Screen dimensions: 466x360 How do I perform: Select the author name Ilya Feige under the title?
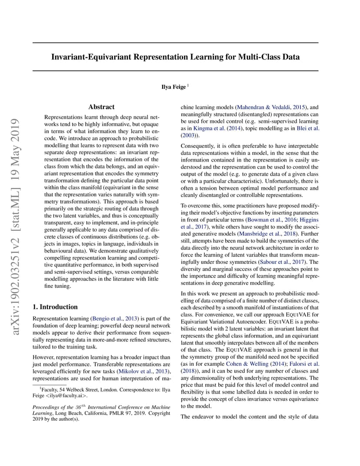pyautogui.click(x=173, y=87)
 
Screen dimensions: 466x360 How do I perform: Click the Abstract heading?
pyautogui.click(x=101, y=107)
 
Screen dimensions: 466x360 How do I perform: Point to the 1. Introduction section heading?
pyautogui.click(x=55, y=307)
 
